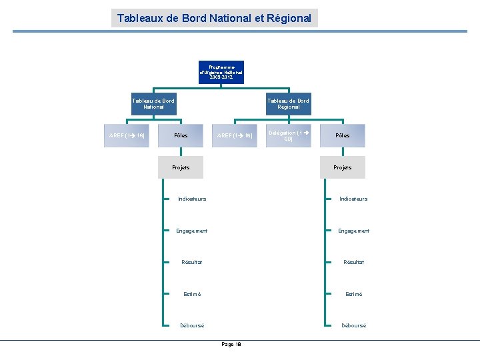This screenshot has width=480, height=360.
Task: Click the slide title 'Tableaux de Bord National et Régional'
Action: (214, 18)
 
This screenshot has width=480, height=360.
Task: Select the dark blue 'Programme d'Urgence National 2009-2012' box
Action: (221, 72)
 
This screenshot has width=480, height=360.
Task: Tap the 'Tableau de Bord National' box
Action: (153, 103)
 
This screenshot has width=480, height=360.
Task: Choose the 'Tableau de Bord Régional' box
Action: (288, 103)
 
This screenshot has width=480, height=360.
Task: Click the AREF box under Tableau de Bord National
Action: (127, 135)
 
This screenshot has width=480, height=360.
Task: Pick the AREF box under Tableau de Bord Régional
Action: (234, 135)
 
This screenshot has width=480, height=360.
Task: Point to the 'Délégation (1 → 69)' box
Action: (288, 135)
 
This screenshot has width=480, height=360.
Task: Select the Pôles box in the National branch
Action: (181, 135)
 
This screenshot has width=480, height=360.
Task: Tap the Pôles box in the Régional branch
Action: (342, 135)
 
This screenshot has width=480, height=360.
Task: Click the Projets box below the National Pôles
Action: (181, 167)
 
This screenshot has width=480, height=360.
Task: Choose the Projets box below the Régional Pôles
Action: (342, 167)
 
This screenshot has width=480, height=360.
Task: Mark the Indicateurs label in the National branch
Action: (192, 199)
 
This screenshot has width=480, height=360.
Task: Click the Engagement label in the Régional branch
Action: (353, 231)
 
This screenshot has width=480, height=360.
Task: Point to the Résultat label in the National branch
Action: (192, 262)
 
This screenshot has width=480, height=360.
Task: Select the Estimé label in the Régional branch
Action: (353, 294)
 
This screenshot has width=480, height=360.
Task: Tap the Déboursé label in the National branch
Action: (192, 325)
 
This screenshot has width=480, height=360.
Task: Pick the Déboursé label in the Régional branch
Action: (353, 325)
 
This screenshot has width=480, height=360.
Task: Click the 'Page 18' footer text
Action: (231, 344)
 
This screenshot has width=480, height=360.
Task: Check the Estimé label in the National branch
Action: (192, 294)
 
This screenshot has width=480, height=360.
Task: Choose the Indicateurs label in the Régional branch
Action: (353, 199)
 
